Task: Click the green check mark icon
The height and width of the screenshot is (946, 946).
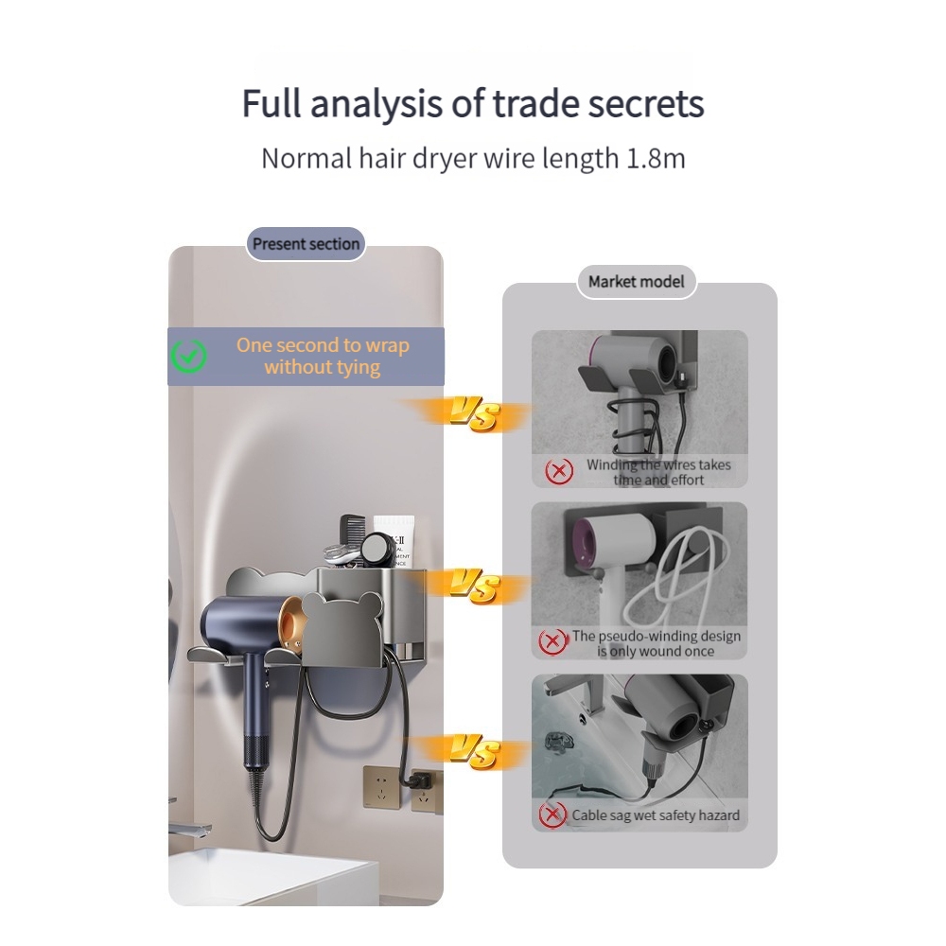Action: (189, 356)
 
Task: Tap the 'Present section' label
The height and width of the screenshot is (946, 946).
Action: (306, 244)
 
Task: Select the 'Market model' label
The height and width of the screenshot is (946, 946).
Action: (637, 282)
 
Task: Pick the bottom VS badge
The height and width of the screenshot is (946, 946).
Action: (474, 751)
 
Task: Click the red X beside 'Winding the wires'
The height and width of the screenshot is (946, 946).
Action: (559, 470)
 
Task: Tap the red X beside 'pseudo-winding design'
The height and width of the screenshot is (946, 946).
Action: (552, 642)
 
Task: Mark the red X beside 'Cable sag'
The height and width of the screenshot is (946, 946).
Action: (552, 815)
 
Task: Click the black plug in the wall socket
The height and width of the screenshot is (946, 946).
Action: (420, 781)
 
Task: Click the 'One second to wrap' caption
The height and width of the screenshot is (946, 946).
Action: (323, 345)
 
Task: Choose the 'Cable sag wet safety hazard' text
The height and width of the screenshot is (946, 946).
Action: (656, 815)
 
